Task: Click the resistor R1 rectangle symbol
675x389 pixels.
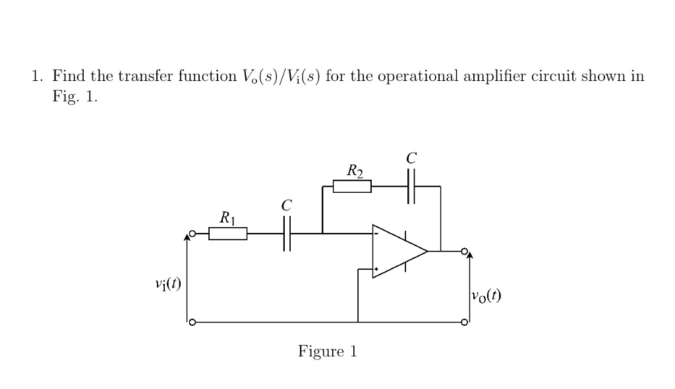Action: coord(228,234)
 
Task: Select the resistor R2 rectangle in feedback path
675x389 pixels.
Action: coord(352,187)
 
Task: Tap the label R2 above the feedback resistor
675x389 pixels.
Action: coord(355,172)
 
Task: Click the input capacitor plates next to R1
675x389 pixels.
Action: coord(287,234)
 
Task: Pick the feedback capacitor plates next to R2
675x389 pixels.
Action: coord(411,187)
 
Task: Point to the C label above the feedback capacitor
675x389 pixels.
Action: coord(411,158)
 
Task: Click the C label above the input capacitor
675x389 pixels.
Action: coord(286,205)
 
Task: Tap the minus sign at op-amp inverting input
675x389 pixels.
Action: coord(376,234)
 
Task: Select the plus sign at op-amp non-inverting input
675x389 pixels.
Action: coord(376,269)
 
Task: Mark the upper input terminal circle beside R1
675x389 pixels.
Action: coord(192,234)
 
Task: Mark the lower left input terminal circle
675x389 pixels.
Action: coord(192,323)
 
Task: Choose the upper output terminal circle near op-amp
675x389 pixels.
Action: coord(465,251)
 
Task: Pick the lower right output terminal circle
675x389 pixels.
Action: coord(465,323)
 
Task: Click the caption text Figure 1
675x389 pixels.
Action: coord(328,351)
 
